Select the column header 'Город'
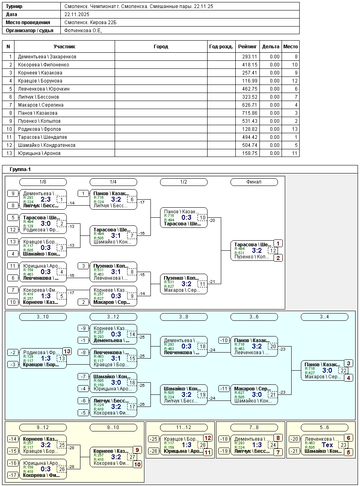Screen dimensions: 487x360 [x=161, y=47]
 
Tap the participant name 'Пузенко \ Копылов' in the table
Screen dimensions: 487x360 [x=39, y=121]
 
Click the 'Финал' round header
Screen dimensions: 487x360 [x=254, y=182]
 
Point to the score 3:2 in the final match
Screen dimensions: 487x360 [x=257, y=250]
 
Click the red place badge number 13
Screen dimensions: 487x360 [x=67, y=351]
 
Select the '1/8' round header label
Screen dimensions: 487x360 [x=43, y=182]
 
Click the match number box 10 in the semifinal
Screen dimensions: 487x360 [x=203, y=218]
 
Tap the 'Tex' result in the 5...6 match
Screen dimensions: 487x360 [x=327, y=445]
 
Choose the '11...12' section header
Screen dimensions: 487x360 [x=183, y=427]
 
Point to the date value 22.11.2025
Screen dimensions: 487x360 [x=76, y=14]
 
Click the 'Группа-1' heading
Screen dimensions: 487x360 [x=20, y=169]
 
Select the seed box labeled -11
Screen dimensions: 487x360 [x=224, y=388]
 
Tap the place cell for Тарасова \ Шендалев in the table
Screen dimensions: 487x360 [x=290, y=137]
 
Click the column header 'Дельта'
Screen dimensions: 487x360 [x=270, y=47]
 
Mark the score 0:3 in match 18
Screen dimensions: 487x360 [x=186, y=346]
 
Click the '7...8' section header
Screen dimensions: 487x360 [x=254, y=427]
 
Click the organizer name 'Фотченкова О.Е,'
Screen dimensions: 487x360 [x=83, y=31]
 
